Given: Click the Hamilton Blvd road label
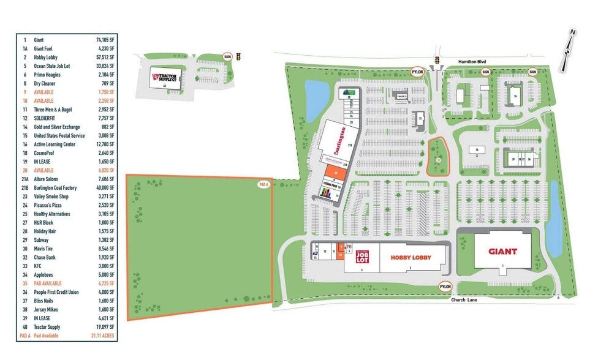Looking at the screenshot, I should click(472, 61).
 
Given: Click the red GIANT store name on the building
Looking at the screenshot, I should click(502, 251).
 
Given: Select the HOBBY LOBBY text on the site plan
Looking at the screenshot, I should click(417, 258).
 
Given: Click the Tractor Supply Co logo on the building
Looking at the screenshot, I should click(164, 78).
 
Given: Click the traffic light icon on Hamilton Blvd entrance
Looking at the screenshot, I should click(437, 60).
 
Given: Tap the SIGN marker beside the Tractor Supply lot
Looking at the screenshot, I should click(227, 56).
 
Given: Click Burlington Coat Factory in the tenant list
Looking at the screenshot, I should click(56, 188).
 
